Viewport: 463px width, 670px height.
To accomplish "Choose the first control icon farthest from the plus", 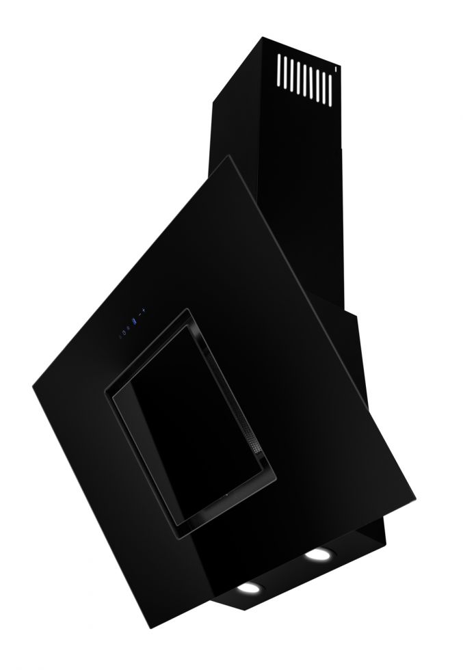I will pos(120,336).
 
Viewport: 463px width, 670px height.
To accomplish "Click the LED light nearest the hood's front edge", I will pos(248,589).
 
